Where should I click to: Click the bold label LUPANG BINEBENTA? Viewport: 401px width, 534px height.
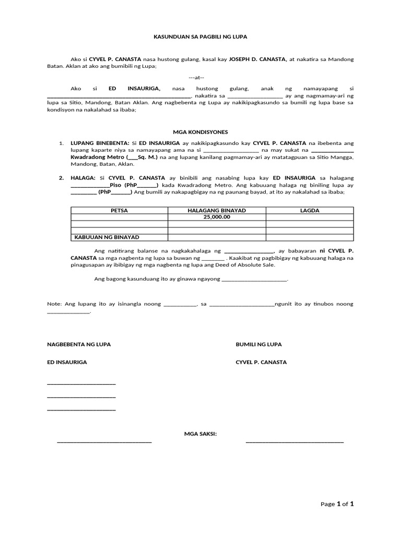(100, 143)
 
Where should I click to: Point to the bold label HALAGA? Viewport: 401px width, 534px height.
(83, 178)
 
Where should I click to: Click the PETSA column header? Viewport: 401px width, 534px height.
(119, 210)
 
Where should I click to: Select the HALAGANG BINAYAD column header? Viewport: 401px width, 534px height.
(217, 210)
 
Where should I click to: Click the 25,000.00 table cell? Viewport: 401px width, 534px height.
(217, 217)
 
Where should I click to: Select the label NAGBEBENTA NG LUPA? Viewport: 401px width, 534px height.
(79, 345)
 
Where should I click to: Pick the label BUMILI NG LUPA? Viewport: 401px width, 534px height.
(258, 345)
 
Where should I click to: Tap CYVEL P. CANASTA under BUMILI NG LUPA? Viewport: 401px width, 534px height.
(261, 362)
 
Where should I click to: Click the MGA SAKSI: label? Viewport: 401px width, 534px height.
(200, 433)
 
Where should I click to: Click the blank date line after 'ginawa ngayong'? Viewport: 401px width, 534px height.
(254, 280)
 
